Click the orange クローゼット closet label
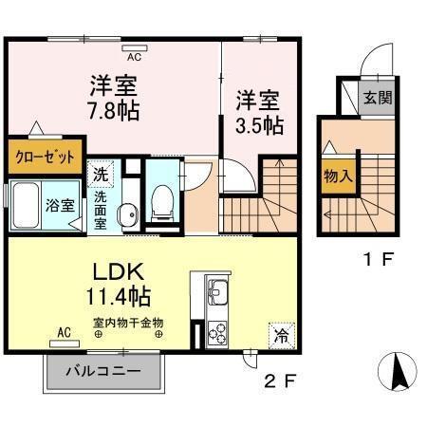click(x=45, y=158)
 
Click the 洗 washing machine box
click(x=101, y=174)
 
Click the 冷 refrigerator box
click(x=281, y=333)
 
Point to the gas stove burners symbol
click(x=216, y=333)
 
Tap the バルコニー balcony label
click(x=103, y=370)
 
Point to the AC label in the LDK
click(x=64, y=332)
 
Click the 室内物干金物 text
click(x=129, y=323)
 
